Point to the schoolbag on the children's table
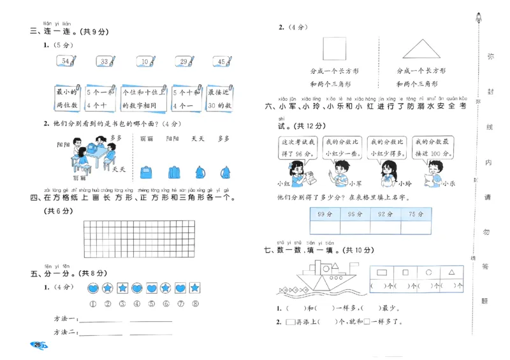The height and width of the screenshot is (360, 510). [x=94, y=148]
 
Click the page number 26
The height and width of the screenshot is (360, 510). [x=38, y=345]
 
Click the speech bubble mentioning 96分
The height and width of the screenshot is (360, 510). [x=297, y=148]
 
